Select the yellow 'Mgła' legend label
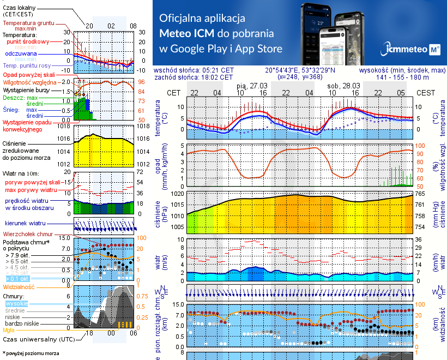click(9, 330)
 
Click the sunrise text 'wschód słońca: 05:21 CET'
click(194, 70)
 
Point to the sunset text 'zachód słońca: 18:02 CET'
click(194, 77)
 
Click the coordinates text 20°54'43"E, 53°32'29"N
click(300, 70)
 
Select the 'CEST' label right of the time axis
click(426, 93)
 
